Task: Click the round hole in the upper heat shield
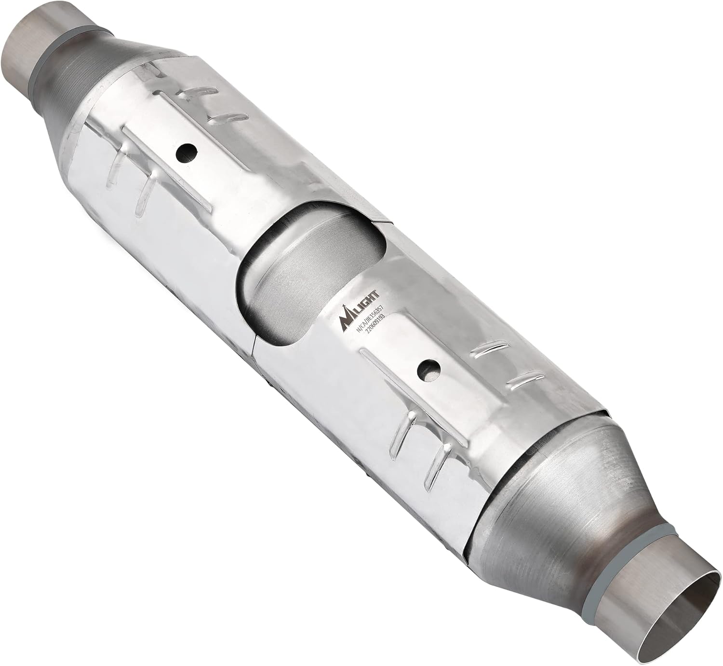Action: coord(187,153)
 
